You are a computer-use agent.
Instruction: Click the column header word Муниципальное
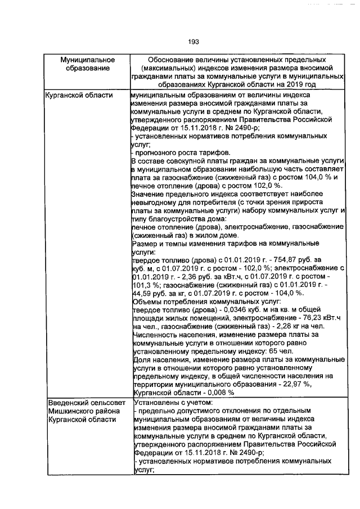pos(88,60)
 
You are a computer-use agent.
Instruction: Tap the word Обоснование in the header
pos(174,60)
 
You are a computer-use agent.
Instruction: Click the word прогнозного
pos(157,152)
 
